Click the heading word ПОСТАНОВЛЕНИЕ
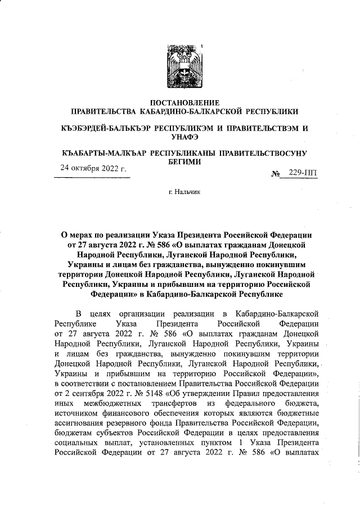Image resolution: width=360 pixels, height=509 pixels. coord(180,102)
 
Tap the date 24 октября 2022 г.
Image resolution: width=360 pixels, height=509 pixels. coord(93,168)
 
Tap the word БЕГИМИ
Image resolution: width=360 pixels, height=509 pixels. coord(180,161)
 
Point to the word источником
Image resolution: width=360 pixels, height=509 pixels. coord(79,412)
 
